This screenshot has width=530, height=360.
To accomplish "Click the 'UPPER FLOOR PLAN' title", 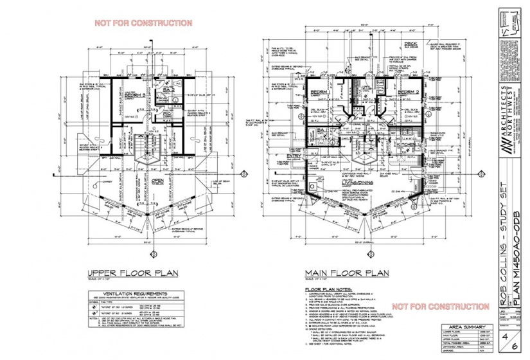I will (x=134, y=273).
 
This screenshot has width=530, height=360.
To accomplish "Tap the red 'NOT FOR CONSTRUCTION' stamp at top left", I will (x=143, y=23).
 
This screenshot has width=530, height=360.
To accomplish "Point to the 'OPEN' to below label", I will (x=156, y=180).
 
